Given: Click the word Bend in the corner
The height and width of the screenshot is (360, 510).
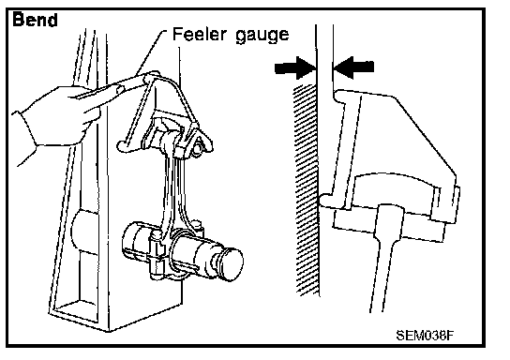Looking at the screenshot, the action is tap(35, 20).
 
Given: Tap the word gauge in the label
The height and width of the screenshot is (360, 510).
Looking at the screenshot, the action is tap(262, 35).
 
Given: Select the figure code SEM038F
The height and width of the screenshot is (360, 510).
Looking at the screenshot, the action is tap(425, 336).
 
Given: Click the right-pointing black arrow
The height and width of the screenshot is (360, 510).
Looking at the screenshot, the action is tap(295, 67).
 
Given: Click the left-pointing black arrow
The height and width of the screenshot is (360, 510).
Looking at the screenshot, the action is tap(353, 67).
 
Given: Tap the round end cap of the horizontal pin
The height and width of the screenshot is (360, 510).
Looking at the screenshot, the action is tap(232, 264).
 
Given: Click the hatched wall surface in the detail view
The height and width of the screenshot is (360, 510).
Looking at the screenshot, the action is tap(306, 188).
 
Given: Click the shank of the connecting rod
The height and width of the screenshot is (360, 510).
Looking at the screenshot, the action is tap(172, 192).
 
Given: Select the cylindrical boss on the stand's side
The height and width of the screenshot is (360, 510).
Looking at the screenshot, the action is tap(84, 232).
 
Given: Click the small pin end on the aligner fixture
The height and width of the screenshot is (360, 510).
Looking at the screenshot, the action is tap(198, 148).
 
